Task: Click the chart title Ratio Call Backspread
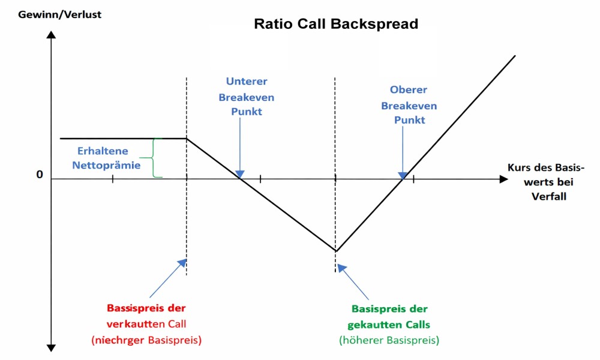point(336,25)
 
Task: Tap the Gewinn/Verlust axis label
point(51,14)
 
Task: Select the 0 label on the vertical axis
point(40,175)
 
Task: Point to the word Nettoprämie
point(106,164)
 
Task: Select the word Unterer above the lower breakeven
point(247,81)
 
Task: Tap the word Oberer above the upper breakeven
point(409,90)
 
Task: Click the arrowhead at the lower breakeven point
point(240,175)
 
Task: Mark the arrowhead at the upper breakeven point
point(403,175)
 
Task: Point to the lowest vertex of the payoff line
point(336,251)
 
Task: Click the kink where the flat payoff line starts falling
point(187,139)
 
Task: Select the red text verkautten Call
point(146,324)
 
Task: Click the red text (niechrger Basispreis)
point(146,340)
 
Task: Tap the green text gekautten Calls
point(389,324)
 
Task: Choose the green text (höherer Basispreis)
point(389,340)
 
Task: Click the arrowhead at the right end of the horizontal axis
point(503,179)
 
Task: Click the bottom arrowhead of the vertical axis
point(51,347)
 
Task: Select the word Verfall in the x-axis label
point(549,196)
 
